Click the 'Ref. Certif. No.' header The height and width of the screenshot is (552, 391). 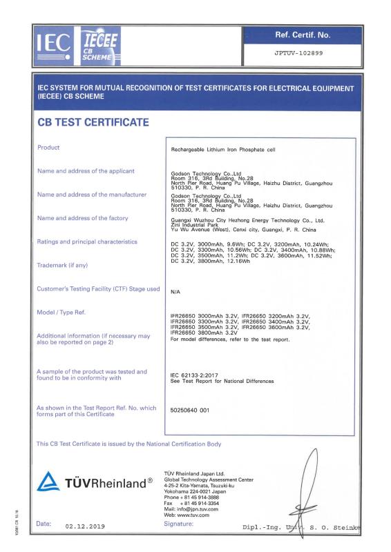coord(303,34)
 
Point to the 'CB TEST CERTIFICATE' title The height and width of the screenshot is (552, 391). coord(93,123)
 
